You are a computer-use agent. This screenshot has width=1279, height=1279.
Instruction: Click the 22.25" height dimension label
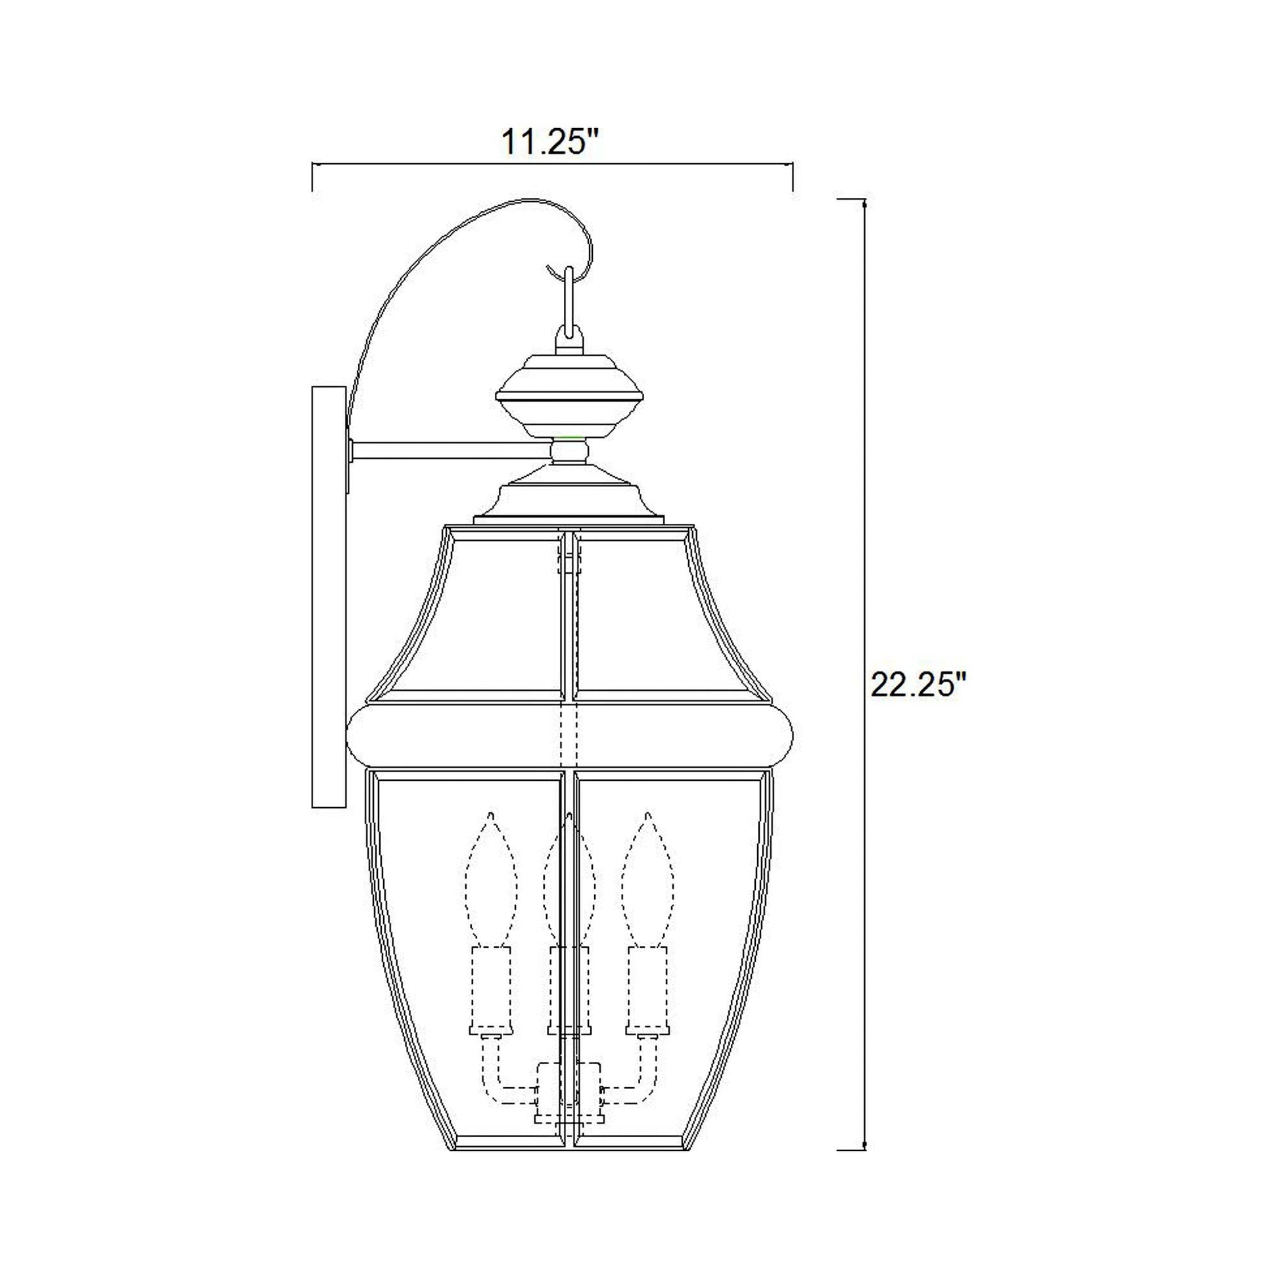tap(919, 684)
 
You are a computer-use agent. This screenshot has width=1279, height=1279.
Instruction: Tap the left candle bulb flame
tap(491, 881)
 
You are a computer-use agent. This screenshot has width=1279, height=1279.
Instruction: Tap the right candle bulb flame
tap(647, 881)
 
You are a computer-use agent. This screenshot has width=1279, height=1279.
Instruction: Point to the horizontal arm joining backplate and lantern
tap(450, 451)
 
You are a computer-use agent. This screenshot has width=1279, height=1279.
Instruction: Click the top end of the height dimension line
tap(864, 199)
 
